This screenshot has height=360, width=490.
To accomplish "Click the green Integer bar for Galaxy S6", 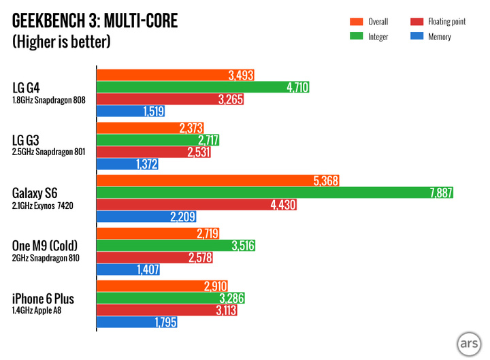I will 272,194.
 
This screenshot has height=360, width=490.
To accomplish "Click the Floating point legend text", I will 448,22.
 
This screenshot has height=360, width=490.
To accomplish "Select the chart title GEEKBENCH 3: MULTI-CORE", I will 95,21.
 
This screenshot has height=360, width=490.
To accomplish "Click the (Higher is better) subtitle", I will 61,42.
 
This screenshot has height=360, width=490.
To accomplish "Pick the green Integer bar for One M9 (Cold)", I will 176,245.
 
